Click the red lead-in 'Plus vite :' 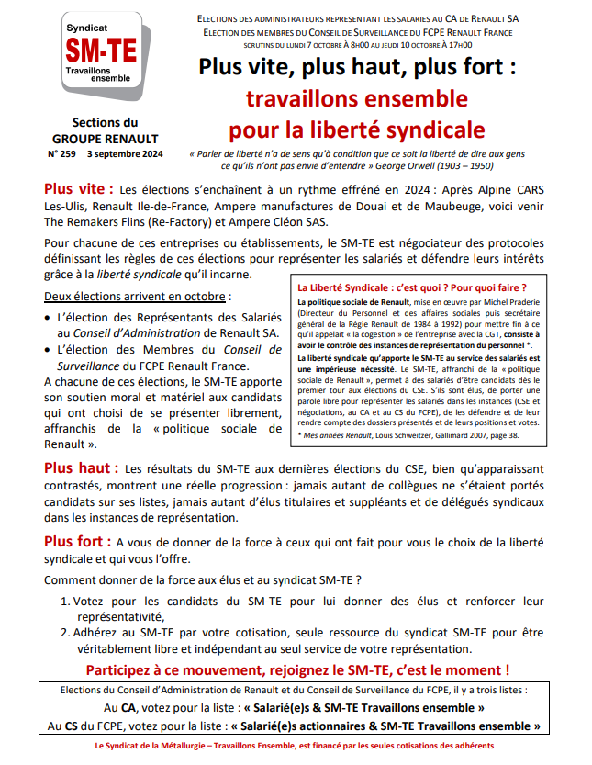coord(79,188)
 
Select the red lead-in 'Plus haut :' coord(81,467)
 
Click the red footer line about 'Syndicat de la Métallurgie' coord(296,746)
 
